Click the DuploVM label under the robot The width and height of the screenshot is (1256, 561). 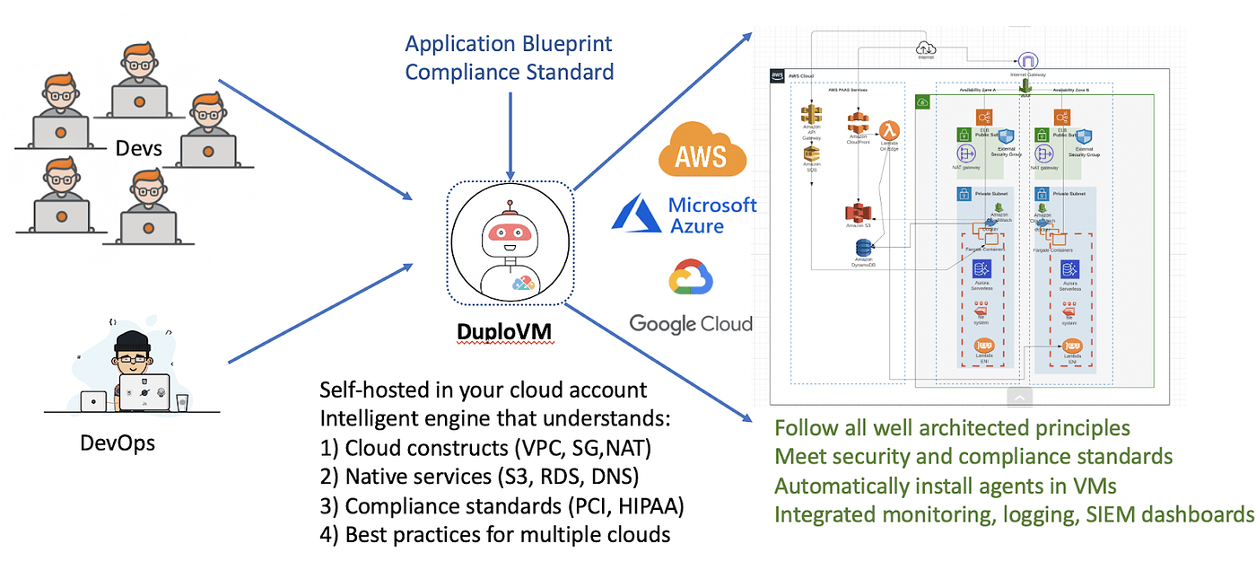tap(504, 332)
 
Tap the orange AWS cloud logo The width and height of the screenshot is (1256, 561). tap(702, 149)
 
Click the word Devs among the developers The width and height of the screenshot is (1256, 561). tap(139, 148)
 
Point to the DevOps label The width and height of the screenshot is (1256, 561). tap(118, 443)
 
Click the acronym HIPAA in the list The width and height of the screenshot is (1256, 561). tap(648, 506)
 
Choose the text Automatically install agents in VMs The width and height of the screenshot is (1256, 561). tap(944, 486)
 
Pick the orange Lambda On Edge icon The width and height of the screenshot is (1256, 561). tap(889, 130)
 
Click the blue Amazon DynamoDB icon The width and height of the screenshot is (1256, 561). tap(864, 248)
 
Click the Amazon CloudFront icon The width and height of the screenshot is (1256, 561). tap(859, 125)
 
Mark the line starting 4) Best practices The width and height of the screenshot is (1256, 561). tap(495, 535)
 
